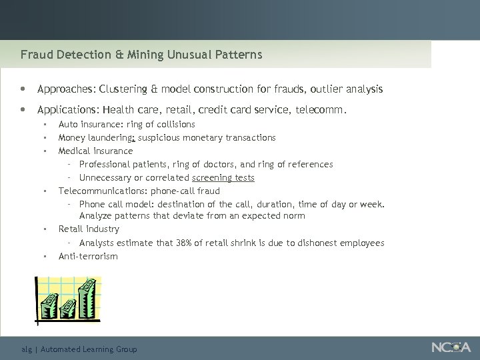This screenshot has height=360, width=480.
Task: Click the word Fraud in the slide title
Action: [x=34, y=55]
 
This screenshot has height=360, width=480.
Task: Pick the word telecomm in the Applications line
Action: [x=323, y=109]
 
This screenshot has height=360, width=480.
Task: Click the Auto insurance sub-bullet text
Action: [x=127, y=124]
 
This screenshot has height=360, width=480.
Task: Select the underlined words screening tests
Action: [x=223, y=177]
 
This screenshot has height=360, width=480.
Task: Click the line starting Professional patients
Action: [x=205, y=164]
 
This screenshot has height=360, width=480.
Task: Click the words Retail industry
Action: [x=89, y=229]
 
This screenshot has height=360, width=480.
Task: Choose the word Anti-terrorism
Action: [x=88, y=256]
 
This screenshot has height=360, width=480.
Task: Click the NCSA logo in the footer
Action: [x=451, y=347]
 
